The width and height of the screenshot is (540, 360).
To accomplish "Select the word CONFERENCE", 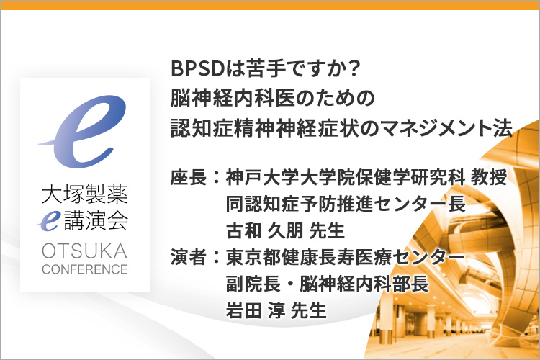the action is click(85, 269).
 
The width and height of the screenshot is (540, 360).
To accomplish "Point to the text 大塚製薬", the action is click(85, 194).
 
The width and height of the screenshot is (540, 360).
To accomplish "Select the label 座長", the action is click(189, 178).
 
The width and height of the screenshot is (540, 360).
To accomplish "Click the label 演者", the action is click(189, 258).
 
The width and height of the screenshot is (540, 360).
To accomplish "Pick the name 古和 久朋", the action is click(264, 230).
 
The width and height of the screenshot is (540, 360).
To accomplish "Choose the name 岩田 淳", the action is click(256, 310).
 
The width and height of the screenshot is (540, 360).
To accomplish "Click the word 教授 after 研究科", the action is click(490, 178).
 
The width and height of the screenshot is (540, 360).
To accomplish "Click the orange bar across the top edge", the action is click(270, 5).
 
